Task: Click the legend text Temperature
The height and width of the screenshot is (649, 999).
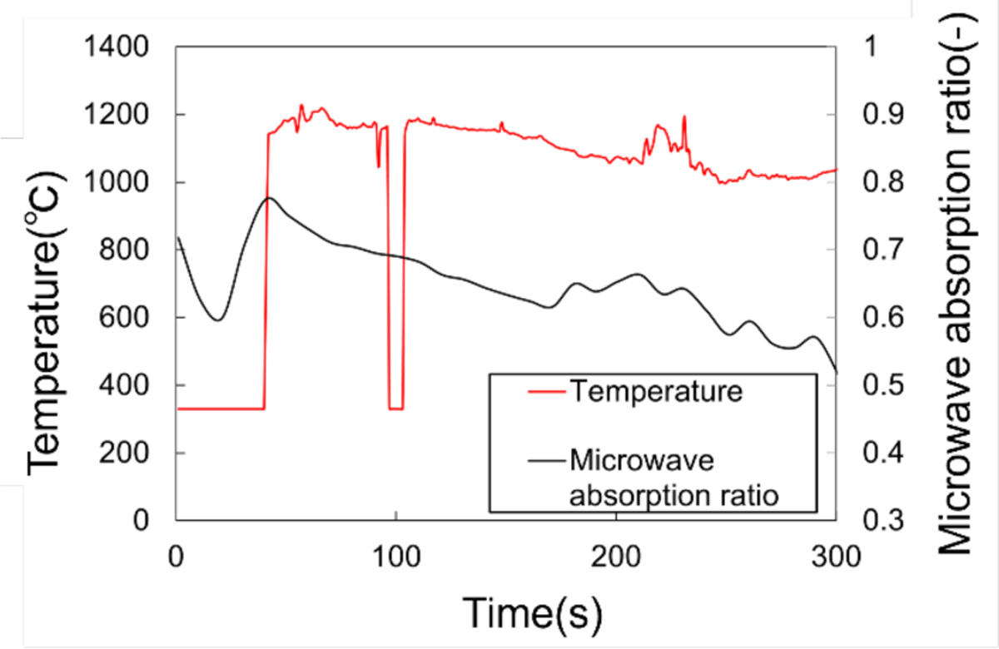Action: tap(654, 391)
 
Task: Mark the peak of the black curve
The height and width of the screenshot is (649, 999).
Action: tap(268, 198)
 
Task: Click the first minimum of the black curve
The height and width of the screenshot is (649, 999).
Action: tap(218, 320)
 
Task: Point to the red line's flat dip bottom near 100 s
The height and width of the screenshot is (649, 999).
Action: tap(395, 409)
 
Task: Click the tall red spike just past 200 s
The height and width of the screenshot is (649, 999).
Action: tap(684, 117)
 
